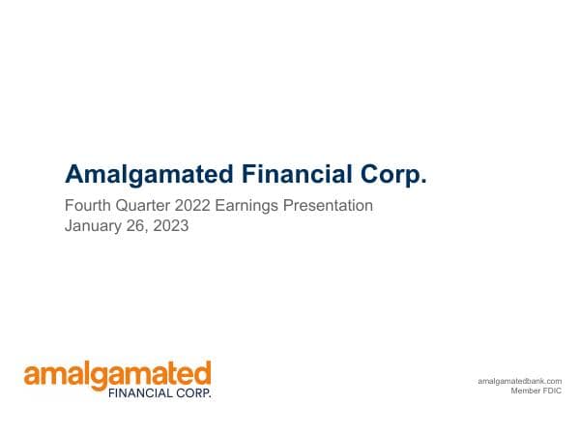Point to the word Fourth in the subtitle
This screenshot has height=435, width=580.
[85, 206]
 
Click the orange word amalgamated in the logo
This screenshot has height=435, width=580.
[117, 374]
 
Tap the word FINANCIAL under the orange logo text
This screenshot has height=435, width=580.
[140, 393]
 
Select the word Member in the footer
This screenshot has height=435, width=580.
[525, 391]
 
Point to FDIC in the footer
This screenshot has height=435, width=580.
[552, 391]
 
